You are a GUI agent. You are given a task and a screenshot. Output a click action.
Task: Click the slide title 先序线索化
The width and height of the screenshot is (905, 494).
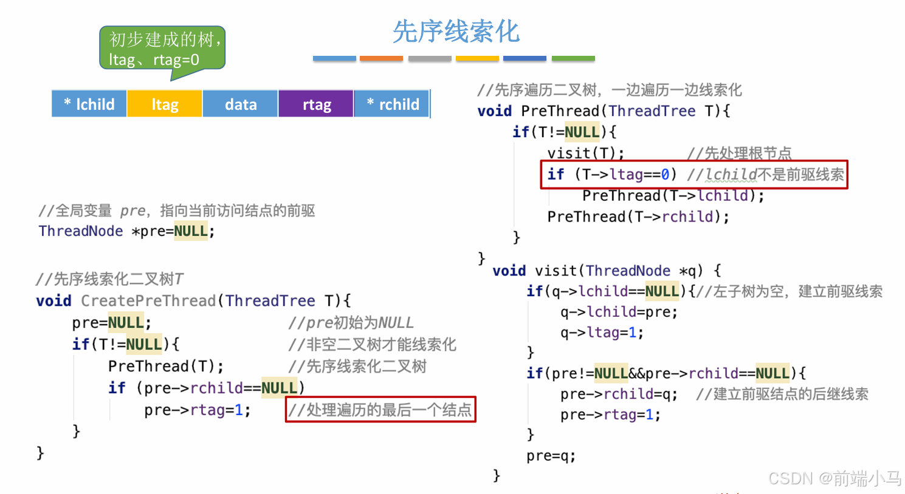pyautogui.click(x=456, y=32)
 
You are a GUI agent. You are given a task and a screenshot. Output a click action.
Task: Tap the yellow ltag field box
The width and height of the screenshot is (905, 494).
pyautogui.click(x=165, y=104)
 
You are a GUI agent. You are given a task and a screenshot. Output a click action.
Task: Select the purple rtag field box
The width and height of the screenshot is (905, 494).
pyautogui.click(x=316, y=104)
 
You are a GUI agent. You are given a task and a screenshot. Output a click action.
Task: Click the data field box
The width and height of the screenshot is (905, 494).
pyautogui.click(x=241, y=104)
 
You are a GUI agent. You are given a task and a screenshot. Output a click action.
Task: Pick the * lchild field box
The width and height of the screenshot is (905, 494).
pyautogui.click(x=89, y=104)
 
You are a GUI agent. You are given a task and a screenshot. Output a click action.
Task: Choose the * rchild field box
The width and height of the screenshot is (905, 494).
pyautogui.click(x=393, y=104)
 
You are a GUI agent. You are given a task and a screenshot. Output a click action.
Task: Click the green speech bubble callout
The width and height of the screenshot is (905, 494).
pyautogui.click(x=162, y=49)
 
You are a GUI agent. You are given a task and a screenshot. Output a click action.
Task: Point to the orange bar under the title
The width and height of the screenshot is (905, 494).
pyautogui.click(x=381, y=58)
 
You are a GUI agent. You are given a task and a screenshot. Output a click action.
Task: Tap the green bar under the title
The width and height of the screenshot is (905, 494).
pyautogui.click(x=573, y=58)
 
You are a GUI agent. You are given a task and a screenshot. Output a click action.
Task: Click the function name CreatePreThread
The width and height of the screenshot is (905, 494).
pyautogui.click(x=148, y=301)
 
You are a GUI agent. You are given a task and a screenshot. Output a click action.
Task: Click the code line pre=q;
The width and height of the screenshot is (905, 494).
pyautogui.click(x=551, y=456)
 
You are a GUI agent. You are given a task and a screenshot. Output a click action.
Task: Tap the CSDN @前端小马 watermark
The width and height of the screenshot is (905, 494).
pyautogui.click(x=834, y=478)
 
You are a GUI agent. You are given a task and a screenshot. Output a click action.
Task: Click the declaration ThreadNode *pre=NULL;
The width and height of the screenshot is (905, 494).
pyautogui.click(x=126, y=231)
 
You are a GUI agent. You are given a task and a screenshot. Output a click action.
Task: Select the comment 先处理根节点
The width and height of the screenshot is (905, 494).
pyautogui.click(x=739, y=153)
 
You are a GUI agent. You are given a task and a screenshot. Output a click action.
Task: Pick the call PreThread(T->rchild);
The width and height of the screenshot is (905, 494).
pyautogui.click(x=638, y=217)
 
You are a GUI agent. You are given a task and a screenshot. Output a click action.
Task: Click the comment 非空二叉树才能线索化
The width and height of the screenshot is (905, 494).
pyautogui.click(x=373, y=345)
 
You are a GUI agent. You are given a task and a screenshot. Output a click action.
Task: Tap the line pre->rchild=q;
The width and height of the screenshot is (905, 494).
pyautogui.click(x=619, y=394)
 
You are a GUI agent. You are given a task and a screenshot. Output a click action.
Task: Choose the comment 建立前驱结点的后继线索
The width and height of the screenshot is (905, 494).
pyautogui.click(x=782, y=394)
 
